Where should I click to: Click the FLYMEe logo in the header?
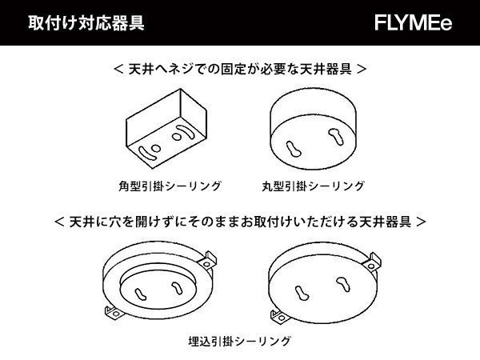click(x=413, y=23)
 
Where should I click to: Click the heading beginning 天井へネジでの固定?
click(x=241, y=70)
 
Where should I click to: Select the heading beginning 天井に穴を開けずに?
click(x=241, y=218)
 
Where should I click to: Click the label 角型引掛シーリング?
click(x=166, y=186)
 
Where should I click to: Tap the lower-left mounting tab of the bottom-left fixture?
click(x=106, y=307)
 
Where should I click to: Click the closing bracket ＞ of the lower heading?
click(x=422, y=218)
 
